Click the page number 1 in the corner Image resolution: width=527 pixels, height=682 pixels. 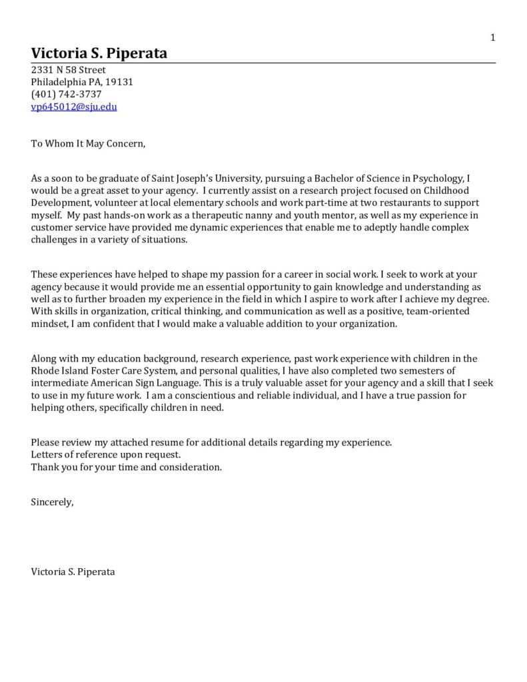pos(493,38)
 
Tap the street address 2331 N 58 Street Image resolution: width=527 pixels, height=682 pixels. pos(68,70)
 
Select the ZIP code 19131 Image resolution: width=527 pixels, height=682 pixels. pos(120,82)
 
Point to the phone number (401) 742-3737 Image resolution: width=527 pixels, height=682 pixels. pos(66,94)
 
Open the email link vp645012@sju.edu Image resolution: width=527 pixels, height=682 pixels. pos(74,107)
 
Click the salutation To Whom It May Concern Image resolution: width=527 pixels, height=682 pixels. pos(87,143)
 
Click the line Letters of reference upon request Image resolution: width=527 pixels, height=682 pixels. pos(105,455)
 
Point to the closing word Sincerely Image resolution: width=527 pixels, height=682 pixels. pos(52,502)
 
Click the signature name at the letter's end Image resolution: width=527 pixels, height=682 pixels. pos(73,571)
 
